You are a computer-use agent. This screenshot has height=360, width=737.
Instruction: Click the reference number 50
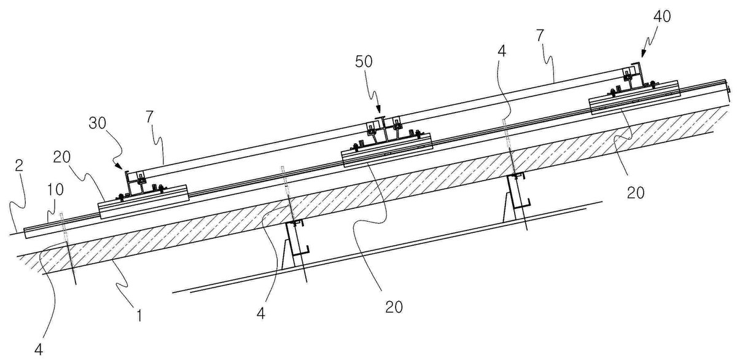(x=364, y=61)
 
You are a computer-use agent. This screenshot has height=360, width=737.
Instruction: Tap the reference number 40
(x=661, y=16)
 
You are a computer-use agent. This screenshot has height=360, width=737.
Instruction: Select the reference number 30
(x=98, y=123)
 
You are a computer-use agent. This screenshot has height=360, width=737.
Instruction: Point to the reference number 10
(x=55, y=190)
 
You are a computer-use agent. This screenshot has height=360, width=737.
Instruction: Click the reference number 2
(x=20, y=165)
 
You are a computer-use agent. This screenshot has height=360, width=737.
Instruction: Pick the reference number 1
(x=139, y=316)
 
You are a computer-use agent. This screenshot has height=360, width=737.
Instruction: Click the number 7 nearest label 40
(x=540, y=36)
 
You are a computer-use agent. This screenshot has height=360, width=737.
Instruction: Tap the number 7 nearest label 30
(x=150, y=117)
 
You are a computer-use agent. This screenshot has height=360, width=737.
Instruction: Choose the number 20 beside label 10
(x=62, y=157)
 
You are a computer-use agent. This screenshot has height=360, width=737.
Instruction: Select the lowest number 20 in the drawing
(x=394, y=307)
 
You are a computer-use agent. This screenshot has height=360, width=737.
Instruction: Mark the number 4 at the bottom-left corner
(x=39, y=349)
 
